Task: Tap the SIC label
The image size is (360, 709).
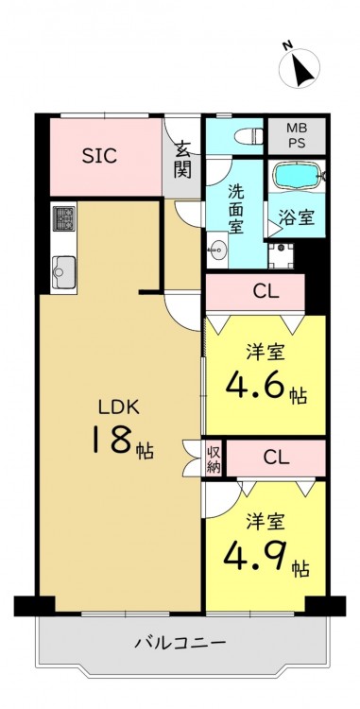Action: (99, 156)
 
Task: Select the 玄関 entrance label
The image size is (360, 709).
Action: (182, 159)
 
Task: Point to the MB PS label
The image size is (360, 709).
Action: (297, 135)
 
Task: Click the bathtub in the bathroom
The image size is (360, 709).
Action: (297, 176)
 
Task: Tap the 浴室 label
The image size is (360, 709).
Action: (297, 218)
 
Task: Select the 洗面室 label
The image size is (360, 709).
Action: (236, 209)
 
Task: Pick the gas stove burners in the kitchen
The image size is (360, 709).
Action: (63, 218)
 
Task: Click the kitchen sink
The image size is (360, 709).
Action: (63, 272)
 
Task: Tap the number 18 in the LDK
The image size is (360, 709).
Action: (112, 440)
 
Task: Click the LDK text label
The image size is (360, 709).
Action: (118, 407)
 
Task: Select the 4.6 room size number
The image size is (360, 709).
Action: (256, 387)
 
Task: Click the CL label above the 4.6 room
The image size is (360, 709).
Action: (266, 292)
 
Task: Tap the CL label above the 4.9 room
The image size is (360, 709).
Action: (277, 458)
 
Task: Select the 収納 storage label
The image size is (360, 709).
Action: (214, 459)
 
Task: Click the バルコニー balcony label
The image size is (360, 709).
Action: (180, 642)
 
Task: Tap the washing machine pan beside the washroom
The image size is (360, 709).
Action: (282, 255)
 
